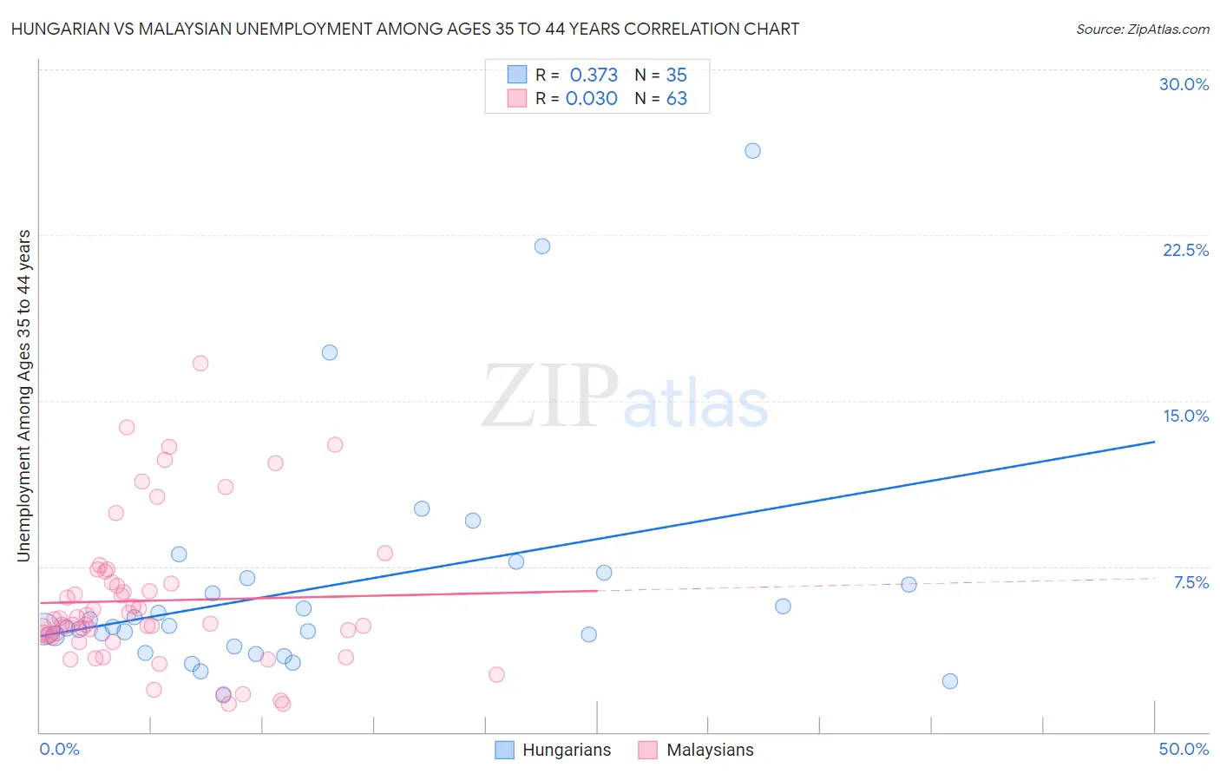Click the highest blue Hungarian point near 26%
tap(752, 151)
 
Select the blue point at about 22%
tap(542, 246)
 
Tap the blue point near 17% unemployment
tap(330, 352)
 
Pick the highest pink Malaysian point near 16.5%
tap(200, 364)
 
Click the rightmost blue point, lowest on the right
tap(950, 681)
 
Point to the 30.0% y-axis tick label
tap(1184, 84)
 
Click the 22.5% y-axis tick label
tap(1185, 250)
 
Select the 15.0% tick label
tap(1185, 416)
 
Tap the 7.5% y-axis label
tap(1190, 582)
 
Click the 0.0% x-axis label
tap(59, 749)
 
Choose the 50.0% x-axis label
tap(1184, 749)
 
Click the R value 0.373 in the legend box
tap(594, 75)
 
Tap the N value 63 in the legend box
tap(676, 99)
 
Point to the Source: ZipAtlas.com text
tap(1142, 29)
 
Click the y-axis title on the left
tap(24, 395)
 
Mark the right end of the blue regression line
tap(1154, 442)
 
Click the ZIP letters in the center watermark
tap(549, 397)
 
